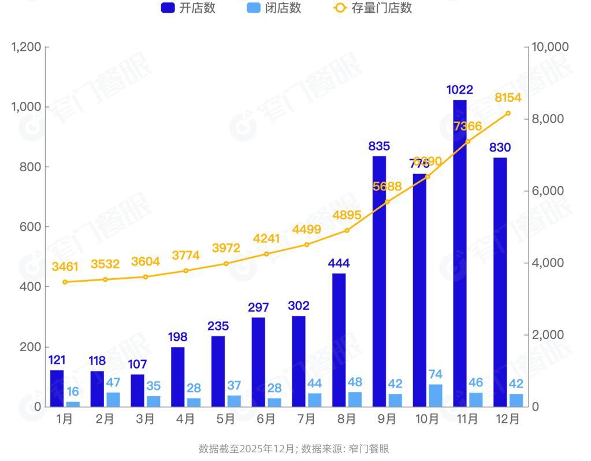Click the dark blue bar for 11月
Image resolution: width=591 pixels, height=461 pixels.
(x=460, y=253)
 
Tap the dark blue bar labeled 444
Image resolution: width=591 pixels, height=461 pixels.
(x=339, y=340)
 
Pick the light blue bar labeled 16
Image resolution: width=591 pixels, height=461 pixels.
(x=73, y=404)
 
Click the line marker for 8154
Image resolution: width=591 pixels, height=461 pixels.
(x=508, y=113)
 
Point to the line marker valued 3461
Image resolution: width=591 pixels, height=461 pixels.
(x=65, y=282)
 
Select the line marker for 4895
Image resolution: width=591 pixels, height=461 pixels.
(x=347, y=230)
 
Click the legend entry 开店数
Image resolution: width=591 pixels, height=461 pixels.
(x=188, y=8)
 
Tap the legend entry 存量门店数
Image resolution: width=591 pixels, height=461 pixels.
(x=373, y=8)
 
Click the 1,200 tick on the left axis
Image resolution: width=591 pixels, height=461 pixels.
(x=26, y=47)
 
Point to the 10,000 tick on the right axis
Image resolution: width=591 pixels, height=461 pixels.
(x=549, y=47)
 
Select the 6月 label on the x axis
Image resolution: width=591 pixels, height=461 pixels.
(x=266, y=419)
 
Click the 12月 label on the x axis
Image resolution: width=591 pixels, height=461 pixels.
(x=508, y=419)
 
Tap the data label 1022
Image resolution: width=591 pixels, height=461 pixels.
(x=460, y=90)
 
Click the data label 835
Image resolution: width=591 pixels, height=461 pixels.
(x=379, y=146)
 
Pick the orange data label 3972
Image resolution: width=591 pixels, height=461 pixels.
(x=226, y=248)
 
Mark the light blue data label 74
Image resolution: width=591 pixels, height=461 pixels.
(x=436, y=374)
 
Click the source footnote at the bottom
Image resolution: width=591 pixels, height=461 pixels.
(x=294, y=449)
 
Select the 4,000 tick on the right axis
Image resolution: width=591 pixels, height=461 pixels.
(x=546, y=263)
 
